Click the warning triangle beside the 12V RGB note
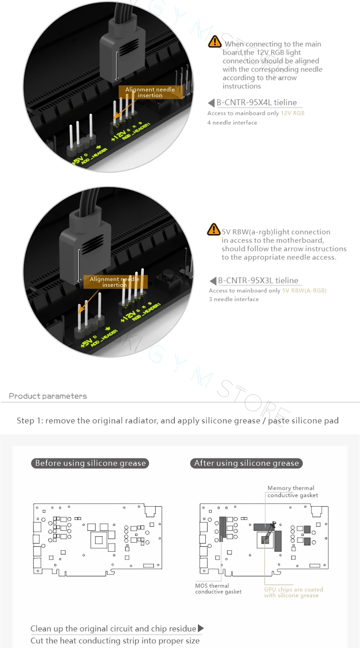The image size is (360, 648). point(214,42)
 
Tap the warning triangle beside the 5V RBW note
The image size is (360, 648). point(213,229)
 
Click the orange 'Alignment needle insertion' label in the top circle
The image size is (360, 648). point(150,92)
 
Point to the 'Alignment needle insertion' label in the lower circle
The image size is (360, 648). point(115,282)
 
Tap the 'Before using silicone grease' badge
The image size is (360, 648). point(90,463)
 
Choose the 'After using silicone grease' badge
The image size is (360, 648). point(246,463)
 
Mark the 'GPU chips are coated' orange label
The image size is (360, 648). point(294,592)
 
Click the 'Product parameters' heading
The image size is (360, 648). point(48,396)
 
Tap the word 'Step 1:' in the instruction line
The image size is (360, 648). point(30,421)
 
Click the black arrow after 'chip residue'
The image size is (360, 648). point(200,628)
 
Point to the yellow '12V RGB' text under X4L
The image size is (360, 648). point(292,113)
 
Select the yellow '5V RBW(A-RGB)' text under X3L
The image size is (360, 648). point(304,291)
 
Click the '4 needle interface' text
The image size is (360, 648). point(232,123)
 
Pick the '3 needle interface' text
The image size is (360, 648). point(234,299)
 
